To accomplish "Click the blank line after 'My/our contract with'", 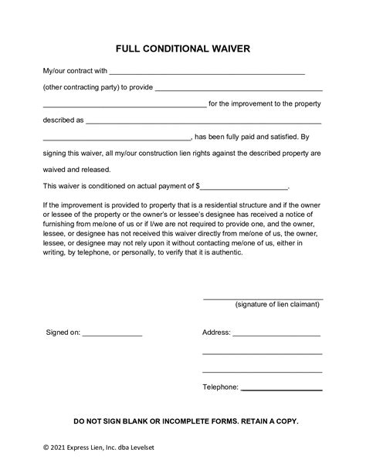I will (208, 73).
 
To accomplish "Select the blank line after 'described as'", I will (204, 122).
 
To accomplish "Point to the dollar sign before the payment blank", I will (198, 186).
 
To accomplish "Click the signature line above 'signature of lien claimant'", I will (263, 298).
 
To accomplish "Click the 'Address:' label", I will (216, 333).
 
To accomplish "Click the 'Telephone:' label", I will (220, 387).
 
